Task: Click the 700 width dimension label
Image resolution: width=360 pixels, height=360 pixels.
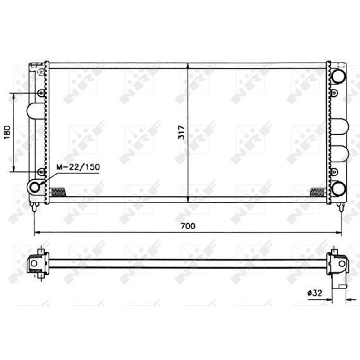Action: tap(188, 226)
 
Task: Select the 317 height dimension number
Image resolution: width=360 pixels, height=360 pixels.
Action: tap(182, 132)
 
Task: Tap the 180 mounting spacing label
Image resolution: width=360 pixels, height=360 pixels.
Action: tap(7, 132)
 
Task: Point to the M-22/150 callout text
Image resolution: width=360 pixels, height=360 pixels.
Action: tap(78, 167)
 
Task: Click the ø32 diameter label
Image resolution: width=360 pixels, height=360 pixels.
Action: tap(315, 293)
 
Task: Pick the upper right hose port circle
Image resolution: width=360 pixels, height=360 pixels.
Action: tap(339, 76)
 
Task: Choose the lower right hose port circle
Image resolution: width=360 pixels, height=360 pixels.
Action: tap(339, 189)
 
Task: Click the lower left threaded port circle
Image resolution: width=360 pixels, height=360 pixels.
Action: tap(35, 187)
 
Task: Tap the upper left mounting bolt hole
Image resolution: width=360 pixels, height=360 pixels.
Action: tap(41, 93)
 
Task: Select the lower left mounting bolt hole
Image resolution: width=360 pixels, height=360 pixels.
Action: tap(41, 172)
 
